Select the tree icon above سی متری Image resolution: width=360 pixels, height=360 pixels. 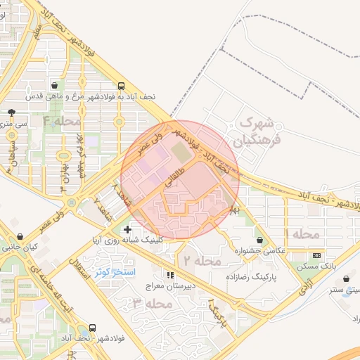pos(11,112)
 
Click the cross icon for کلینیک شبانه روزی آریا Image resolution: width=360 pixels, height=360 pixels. pos(127,229)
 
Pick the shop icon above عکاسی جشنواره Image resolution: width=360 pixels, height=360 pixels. pos(260,240)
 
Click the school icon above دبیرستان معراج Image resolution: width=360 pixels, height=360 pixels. pos(169,274)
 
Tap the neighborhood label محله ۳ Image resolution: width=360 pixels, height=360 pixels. pos(153,304)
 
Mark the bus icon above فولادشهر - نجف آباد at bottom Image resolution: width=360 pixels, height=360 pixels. pos(92,328)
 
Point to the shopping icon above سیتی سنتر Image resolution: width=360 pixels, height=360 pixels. pos(346,279)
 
